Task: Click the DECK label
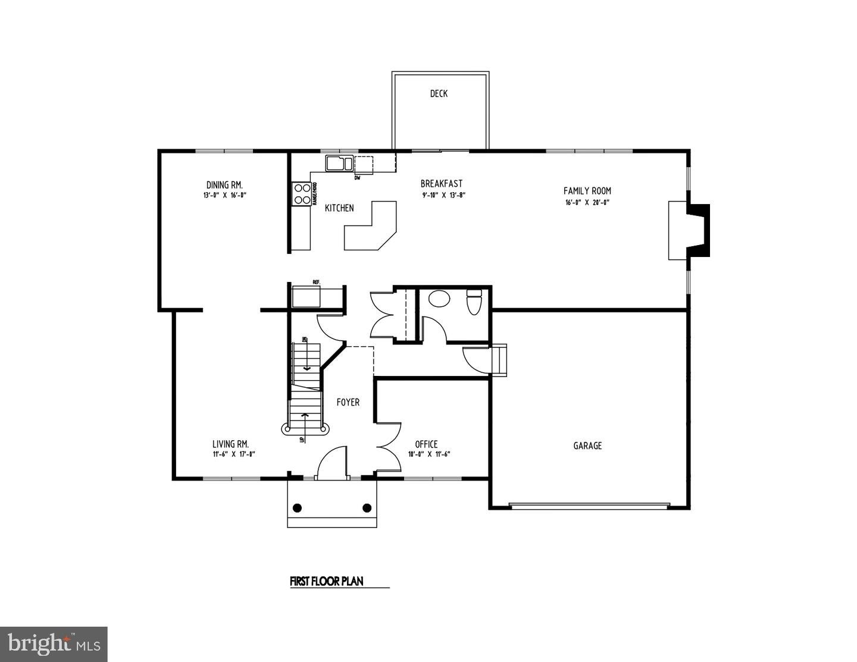(439, 93)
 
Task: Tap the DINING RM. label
(224, 185)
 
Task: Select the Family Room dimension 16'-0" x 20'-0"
(587, 202)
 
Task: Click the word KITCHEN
(339, 208)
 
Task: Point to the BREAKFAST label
(441, 184)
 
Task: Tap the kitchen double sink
(338, 163)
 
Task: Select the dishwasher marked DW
(364, 165)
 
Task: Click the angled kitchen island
(370, 229)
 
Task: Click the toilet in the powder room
(474, 302)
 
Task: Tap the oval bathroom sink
(440, 298)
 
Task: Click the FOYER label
(348, 402)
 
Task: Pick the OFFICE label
(426, 444)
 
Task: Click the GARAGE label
(587, 445)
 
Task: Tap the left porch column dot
(298, 508)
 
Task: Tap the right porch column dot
(367, 508)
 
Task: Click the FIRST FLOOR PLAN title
(326, 581)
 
